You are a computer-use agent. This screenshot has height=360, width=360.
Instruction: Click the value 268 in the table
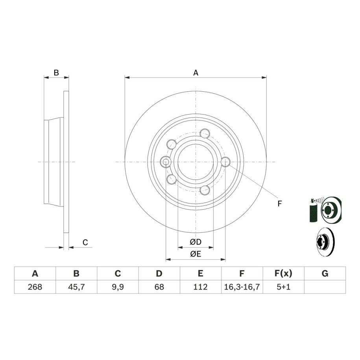(x=35, y=287)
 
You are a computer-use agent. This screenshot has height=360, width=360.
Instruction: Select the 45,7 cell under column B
(x=76, y=287)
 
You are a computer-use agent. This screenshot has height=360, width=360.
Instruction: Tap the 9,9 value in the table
(x=118, y=287)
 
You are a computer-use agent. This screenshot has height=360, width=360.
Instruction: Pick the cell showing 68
(x=159, y=287)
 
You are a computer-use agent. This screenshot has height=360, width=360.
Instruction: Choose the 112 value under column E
(x=200, y=287)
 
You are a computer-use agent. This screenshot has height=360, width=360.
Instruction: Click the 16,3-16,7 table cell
(x=242, y=287)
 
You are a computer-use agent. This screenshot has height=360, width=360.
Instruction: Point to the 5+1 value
(x=284, y=287)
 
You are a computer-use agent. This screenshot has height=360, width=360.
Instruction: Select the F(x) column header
(x=284, y=273)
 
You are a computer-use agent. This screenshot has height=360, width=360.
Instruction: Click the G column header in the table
(x=325, y=273)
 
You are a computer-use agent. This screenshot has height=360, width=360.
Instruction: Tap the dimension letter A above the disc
(x=196, y=73)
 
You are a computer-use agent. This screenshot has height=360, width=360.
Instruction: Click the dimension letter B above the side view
(x=56, y=73)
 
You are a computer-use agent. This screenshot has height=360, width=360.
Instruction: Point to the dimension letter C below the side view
(x=85, y=242)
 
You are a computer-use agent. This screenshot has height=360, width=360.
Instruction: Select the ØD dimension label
(x=196, y=242)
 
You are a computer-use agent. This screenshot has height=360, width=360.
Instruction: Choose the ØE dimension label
(x=196, y=254)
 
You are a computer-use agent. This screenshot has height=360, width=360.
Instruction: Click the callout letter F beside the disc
(x=279, y=204)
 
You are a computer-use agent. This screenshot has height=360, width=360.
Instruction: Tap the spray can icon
(x=313, y=210)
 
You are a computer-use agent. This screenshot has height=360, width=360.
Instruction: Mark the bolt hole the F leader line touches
(x=225, y=162)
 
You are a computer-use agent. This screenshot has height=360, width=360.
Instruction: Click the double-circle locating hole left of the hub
(x=165, y=162)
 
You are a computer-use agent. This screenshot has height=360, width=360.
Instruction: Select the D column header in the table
(x=159, y=273)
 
